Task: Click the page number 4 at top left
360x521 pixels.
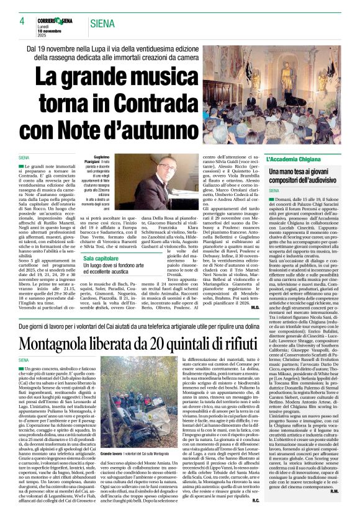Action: pyautogui.click(x=21, y=21)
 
